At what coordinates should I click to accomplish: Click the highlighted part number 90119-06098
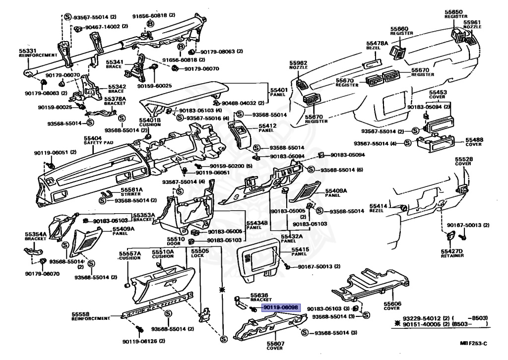281,308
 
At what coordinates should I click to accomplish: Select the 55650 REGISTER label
456,14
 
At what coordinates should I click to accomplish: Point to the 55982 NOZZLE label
299,65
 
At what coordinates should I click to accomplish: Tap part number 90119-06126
144,341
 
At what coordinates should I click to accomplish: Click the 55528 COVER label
463,161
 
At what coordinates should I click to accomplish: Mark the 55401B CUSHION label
149,122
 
